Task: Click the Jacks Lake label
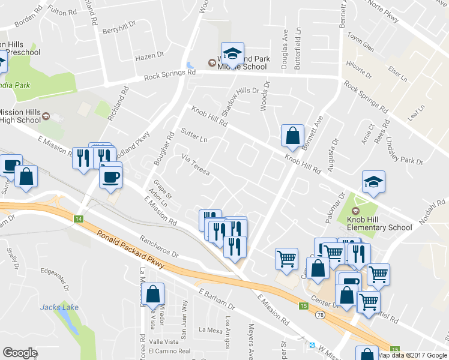(59, 307)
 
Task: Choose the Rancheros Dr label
(158, 247)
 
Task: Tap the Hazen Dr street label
(149, 56)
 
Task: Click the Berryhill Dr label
(120, 31)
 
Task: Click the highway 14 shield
(78, 218)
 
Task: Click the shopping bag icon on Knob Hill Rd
(292, 136)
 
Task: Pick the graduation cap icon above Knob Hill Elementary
(373, 182)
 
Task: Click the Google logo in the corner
(20, 353)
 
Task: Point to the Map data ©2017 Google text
(413, 355)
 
